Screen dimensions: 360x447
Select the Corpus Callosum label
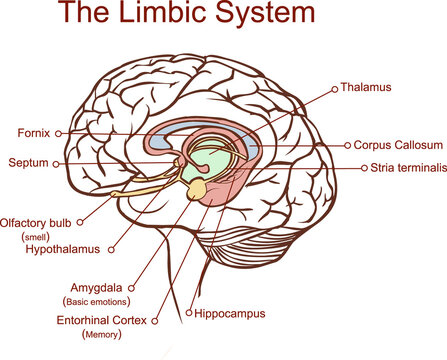(x=395, y=145)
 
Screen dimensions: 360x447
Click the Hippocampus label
(x=230, y=313)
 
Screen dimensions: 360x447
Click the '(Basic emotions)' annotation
(x=97, y=300)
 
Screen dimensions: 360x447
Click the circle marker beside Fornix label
(x=59, y=132)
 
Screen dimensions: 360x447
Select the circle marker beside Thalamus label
(x=334, y=89)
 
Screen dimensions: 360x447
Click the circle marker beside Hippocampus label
(x=188, y=313)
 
